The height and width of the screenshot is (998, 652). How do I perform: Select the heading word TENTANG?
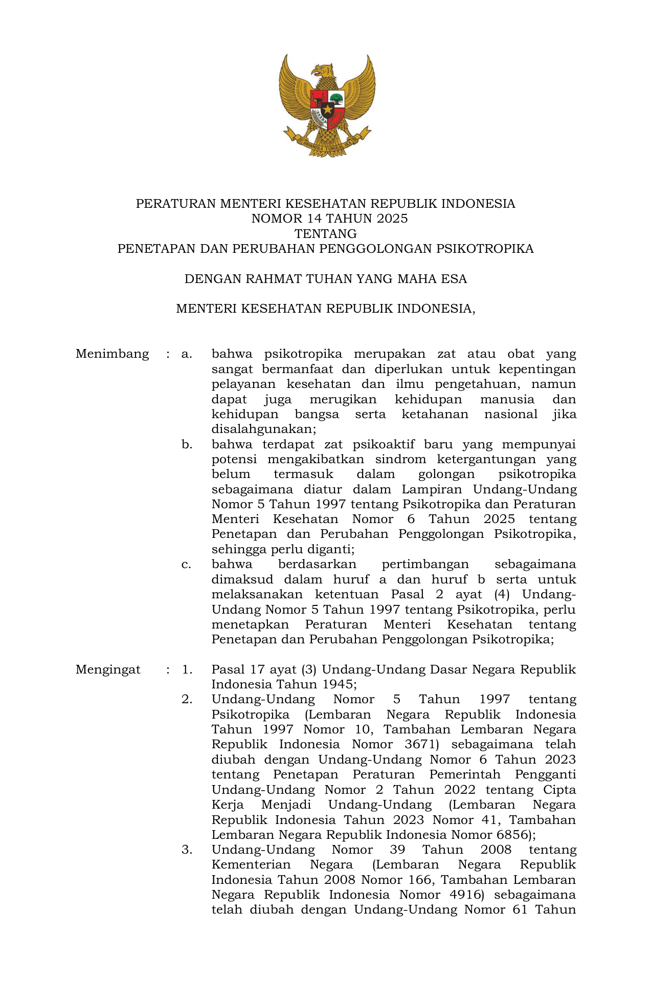point(326,234)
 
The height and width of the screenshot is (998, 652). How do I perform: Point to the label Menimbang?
point(112,354)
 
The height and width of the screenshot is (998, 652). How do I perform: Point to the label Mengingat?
point(108,670)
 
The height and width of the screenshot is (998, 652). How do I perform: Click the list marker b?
point(187,444)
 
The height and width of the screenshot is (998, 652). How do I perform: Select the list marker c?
point(187,565)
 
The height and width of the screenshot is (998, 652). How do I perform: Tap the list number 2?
point(187,700)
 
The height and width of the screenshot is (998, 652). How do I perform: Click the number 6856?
point(514,835)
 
